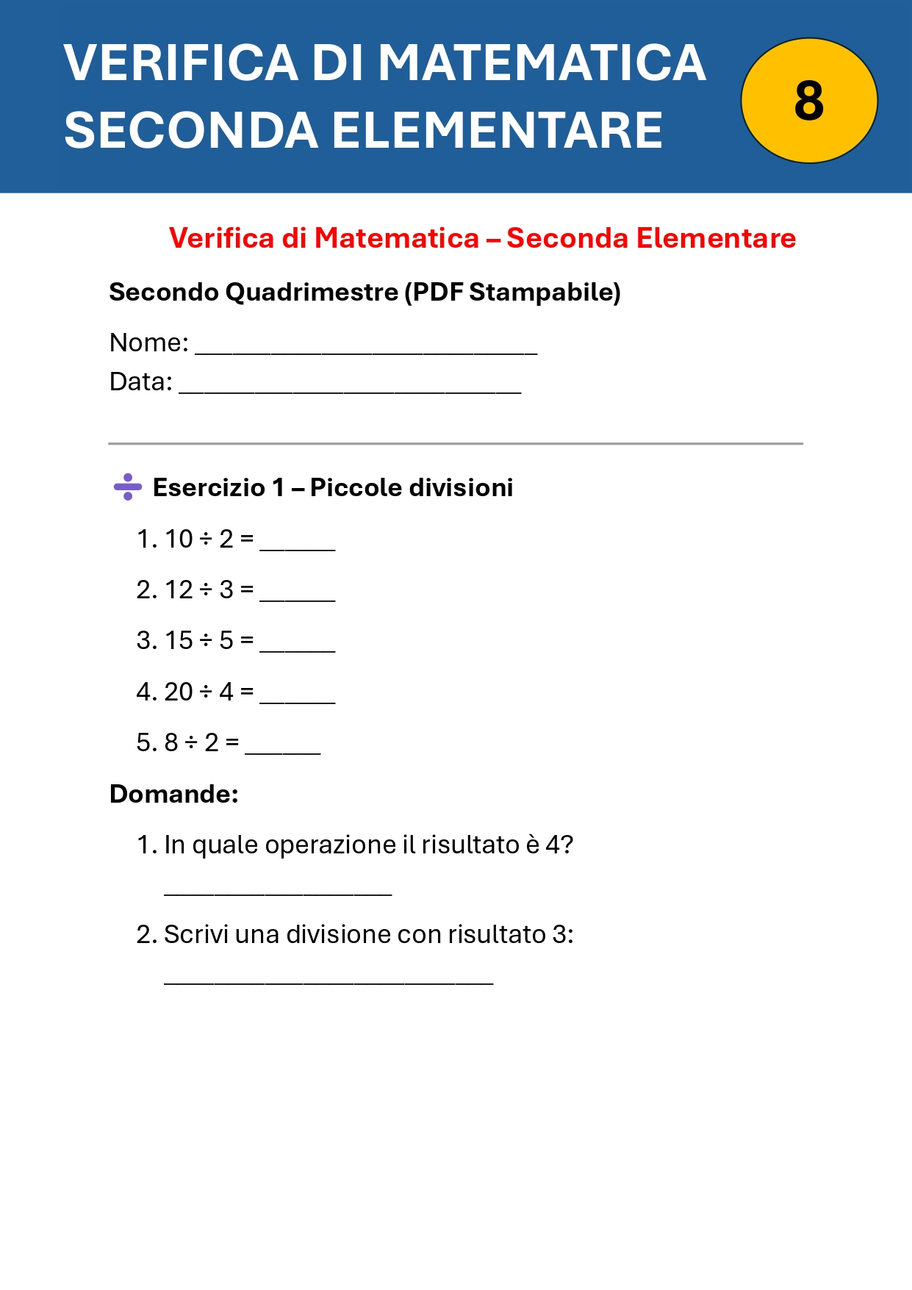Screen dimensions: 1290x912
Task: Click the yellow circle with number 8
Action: coord(808,101)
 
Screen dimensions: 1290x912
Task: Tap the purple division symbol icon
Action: coord(128,487)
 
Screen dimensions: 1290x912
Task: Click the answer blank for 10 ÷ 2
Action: coord(298,544)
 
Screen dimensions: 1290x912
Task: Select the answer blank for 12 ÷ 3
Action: coord(298,595)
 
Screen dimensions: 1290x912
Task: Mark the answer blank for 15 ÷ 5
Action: coord(298,645)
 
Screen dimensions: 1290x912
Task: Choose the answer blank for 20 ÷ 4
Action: coord(298,697)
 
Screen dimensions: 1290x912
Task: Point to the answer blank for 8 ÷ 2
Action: coord(283,748)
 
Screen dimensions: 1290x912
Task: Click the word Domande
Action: coord(173,794)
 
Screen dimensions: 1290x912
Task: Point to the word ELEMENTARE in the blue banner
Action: coord(498,130)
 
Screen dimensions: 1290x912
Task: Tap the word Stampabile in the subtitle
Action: coord(540,292)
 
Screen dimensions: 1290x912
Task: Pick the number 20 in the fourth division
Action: coord(179,692)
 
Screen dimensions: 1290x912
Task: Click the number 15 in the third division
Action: coord(179,640)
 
